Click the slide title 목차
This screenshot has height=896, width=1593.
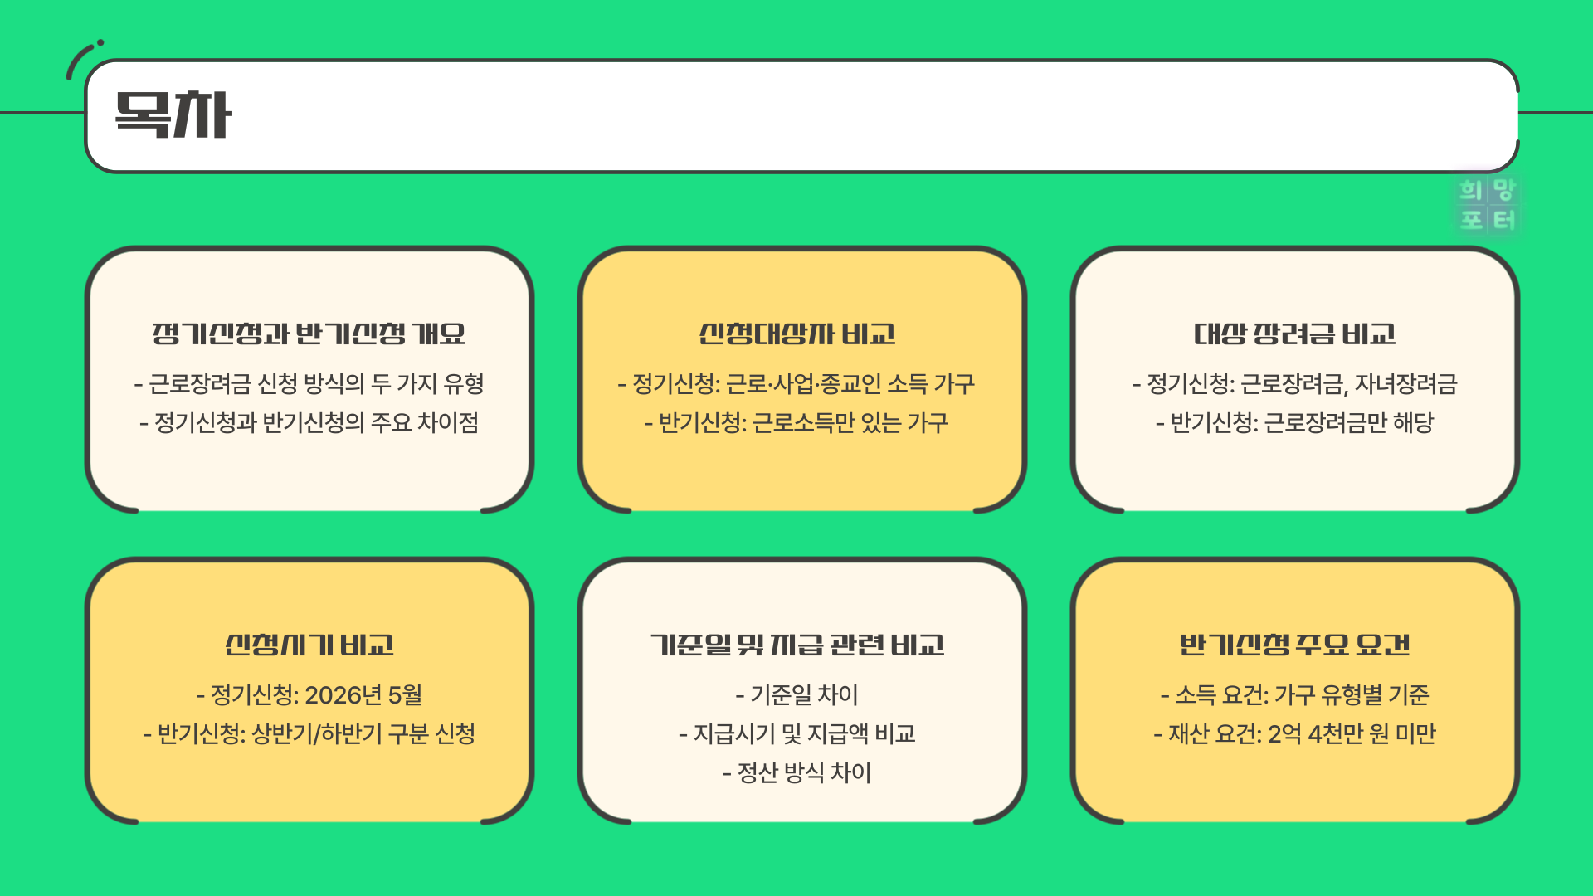click(173, 115)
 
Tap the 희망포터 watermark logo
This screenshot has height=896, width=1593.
click(1488, 205)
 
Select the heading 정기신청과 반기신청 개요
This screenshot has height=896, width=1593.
click(309, 334)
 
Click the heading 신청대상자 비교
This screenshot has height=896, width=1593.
click(796, 334)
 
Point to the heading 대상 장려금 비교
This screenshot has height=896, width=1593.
click(1294, 334)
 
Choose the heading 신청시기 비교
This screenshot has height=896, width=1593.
click(309, 645)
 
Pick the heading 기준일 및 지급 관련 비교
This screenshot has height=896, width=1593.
click(796, 645)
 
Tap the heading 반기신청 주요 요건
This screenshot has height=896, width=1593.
click(1294, 645)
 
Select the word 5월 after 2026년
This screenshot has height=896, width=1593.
click(405, 694)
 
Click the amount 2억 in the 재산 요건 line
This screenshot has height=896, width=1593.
click(1284, 734)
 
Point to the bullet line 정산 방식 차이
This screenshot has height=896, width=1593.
click(796, 773)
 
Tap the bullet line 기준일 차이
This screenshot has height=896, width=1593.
click(796, 694)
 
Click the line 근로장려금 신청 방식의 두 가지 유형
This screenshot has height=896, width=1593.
click(309, 383)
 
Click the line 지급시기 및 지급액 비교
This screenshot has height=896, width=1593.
click(796, 734)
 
